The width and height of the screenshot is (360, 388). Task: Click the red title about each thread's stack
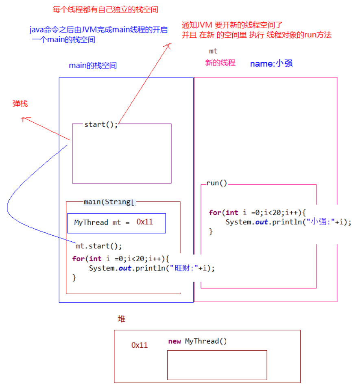pyautogui.click(x=105, y=9)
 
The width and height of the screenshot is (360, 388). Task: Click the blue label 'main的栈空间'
pyautogui.click(x=93, y=65)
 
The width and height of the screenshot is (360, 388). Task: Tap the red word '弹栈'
pyautogui.click(x=20, y=104)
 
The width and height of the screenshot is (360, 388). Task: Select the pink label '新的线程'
pyautogui.click(x=220, y=63)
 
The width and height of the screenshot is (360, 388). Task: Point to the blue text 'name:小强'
pyautogui.click(x=271, y=63)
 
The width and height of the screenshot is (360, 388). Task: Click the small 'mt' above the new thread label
pyautogui.click(x=213, y=51)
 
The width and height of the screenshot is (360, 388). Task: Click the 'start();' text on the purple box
pyautogui.click(x=101, y=124)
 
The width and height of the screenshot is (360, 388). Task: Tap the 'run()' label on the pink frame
pyautogui.click(x=217, y=183)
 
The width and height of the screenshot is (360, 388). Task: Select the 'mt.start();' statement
pyautogui.click(x=99, y=246)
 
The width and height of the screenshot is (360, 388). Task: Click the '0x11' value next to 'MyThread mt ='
pyautogui.click(x=145, y=222)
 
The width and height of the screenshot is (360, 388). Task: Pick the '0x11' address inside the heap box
pyautogui.click(x=140, y=345)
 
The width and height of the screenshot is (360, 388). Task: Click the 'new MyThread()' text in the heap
pyautogui.click(x=198, y=341)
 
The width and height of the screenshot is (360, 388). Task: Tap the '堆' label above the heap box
pyautogui.click(x=122, y=319)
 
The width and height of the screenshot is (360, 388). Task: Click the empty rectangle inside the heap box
pyautogui.click(x=217, y=365)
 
